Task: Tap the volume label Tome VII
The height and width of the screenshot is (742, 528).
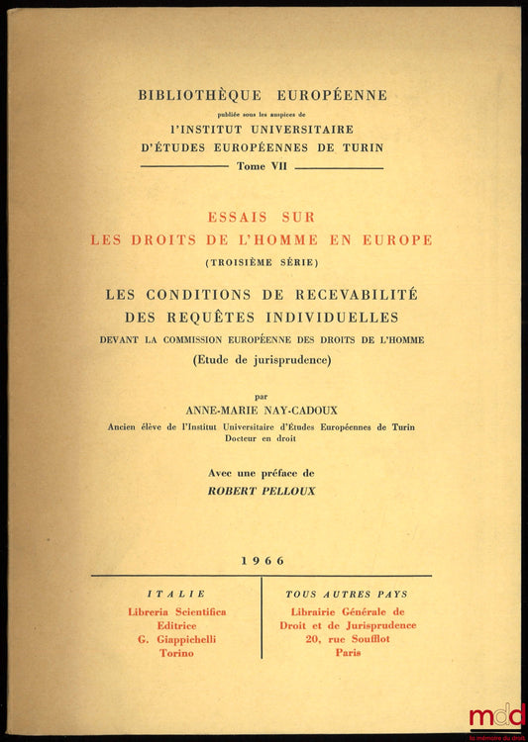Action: point(262,167)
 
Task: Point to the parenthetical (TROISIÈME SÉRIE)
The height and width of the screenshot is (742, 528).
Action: point(262,262)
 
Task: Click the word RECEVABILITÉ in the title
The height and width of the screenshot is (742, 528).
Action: point(359,294)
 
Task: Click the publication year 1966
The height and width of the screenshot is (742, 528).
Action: point(263,560)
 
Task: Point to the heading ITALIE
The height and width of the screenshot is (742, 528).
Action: point(176,594)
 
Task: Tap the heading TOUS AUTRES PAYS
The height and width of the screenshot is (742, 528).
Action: point(347,594)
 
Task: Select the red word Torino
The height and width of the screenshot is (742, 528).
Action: point(176,653)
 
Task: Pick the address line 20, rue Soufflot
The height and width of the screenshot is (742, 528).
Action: point(347,639)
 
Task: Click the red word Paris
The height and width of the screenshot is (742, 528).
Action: point(347,653)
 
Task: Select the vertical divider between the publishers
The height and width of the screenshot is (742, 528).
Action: point(262,618)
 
